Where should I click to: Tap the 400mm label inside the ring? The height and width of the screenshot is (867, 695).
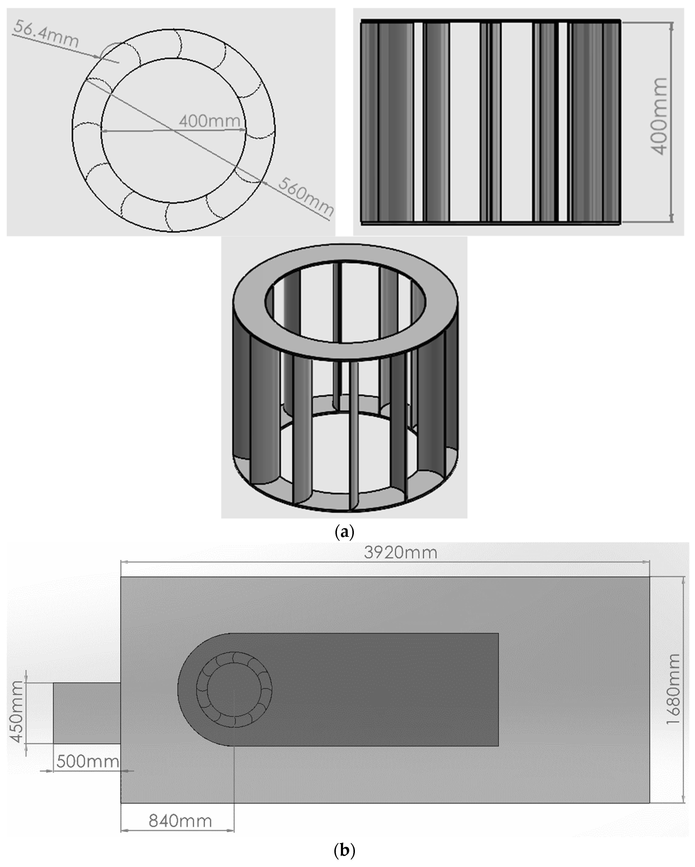point(210,121)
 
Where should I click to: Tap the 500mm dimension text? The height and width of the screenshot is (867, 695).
point(88,761)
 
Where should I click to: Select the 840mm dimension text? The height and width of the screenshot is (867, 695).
point(180,821)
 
